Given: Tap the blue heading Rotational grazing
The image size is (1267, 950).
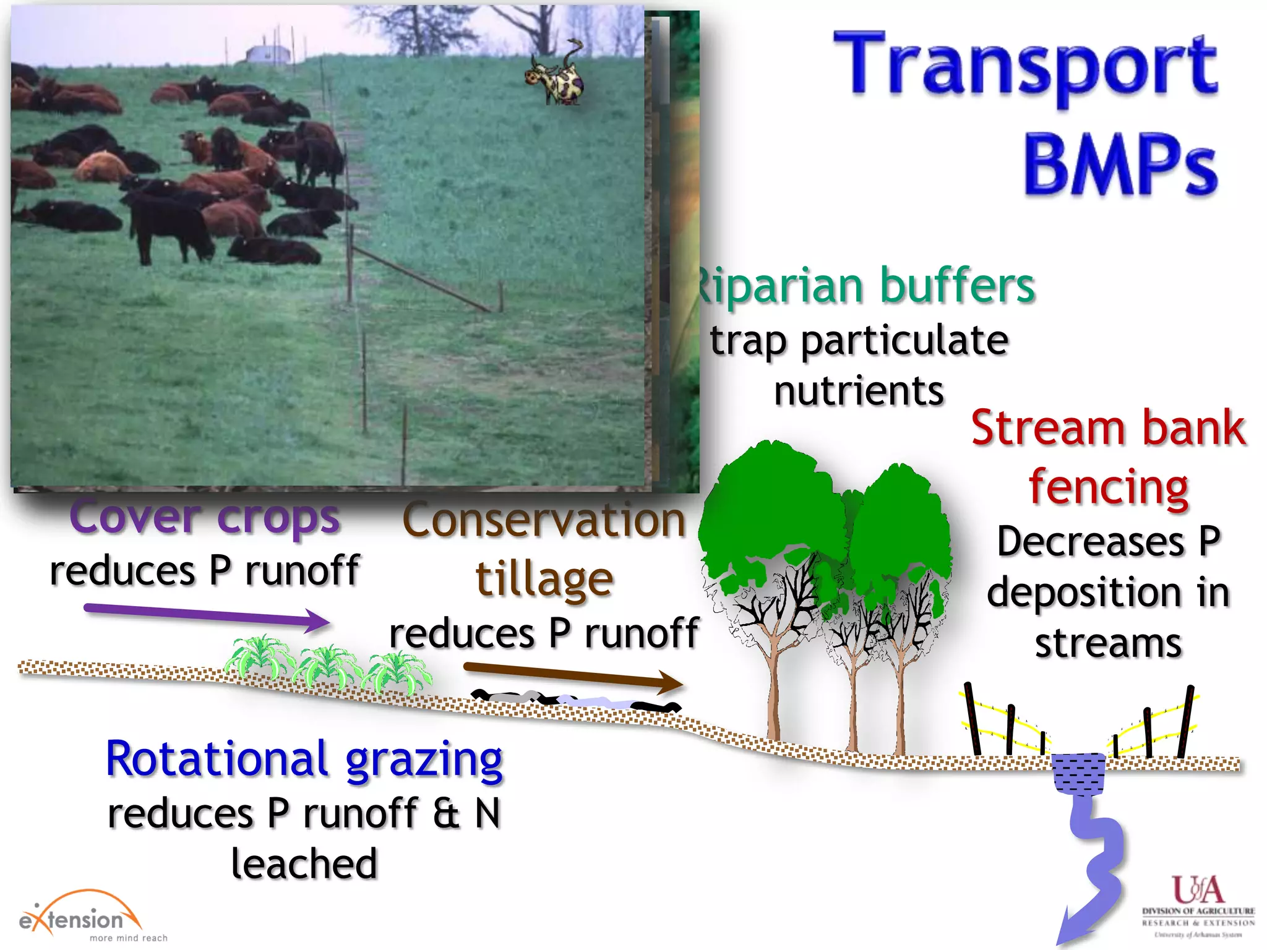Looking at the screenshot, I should tap(304, 759).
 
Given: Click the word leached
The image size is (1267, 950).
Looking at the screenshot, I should tap(304, 864).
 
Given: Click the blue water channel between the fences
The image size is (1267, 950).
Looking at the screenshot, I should tap(1079, 773).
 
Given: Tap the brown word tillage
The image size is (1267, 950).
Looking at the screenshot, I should tap(544, 580).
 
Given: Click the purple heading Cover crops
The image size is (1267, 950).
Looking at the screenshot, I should tap(204, 517).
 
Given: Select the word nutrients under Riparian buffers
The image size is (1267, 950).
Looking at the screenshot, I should tap(859, 392).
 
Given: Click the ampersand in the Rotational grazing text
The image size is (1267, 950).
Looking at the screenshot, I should tap(446, 814).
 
